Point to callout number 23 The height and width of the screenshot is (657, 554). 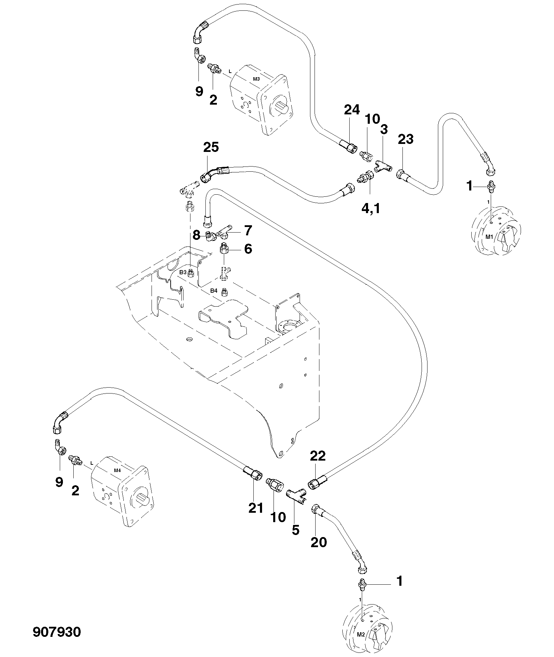pyautogui.click(x=406, y=139)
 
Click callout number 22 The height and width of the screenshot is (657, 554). pyautogui.click(x=318, y=456)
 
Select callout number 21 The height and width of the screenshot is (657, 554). pyautogui.click(x=256, y=508)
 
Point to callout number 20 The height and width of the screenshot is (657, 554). pyautogui.click(x=319, y=542)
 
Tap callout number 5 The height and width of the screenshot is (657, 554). pyautogui.click(x=295, y=530)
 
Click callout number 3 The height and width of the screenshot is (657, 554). pyautogui.click(x=384, y=129)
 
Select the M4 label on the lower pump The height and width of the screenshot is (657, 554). pyautogui.click(x=117, y=471)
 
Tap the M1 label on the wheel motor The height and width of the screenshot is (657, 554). pyautogui.click(x=489, y=237)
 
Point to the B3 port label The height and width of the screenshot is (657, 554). pyautogui.click(x=183, y=272)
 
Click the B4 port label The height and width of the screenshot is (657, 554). pyautogui.click(x=214, y=290)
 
